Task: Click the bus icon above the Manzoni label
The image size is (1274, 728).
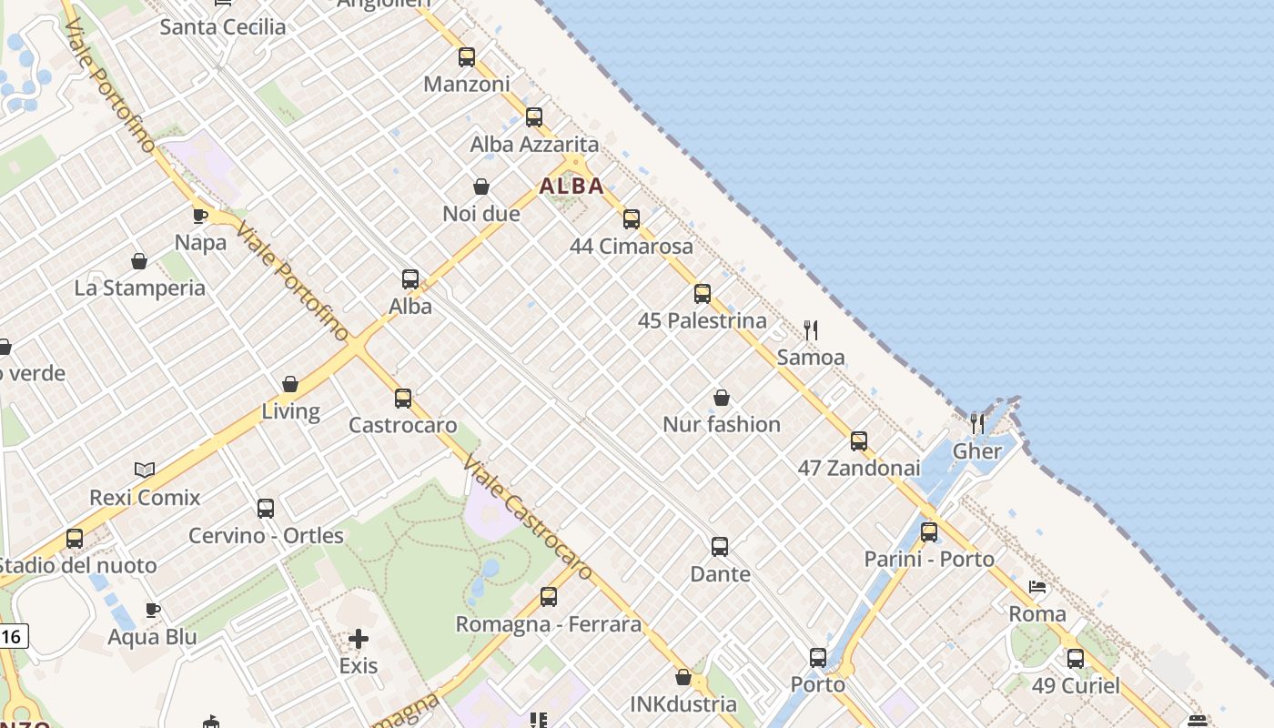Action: coord(467,57)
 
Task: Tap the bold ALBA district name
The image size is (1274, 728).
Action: coord(571,187)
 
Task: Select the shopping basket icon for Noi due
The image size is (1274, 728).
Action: coord(481,187)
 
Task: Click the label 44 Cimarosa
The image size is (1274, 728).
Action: coord(632,247)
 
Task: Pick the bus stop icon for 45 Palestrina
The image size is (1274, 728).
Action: coord(702,294)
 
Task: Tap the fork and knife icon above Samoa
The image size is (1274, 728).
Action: coord(811,329)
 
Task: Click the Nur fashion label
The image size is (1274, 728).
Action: coord(722,424)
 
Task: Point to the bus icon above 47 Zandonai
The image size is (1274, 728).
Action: coord(859,441)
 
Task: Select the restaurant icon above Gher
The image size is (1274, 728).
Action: coord(977,423)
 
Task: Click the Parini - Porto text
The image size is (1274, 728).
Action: coord(929,559)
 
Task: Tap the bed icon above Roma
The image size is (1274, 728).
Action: coord(1037,587)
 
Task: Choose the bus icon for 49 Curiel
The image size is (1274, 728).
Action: coord(1076,658)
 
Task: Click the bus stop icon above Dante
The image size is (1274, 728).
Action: coord(720,547)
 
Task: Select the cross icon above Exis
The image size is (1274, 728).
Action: coord(359,639)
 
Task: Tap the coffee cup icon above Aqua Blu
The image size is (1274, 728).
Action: coord(153,610)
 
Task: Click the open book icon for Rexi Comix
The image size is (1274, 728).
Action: coord(145,470)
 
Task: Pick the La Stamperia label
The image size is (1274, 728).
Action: coord(140,288)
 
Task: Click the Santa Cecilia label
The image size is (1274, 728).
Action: coord(223,27)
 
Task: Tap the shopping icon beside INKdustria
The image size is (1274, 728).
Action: coord(683,677)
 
